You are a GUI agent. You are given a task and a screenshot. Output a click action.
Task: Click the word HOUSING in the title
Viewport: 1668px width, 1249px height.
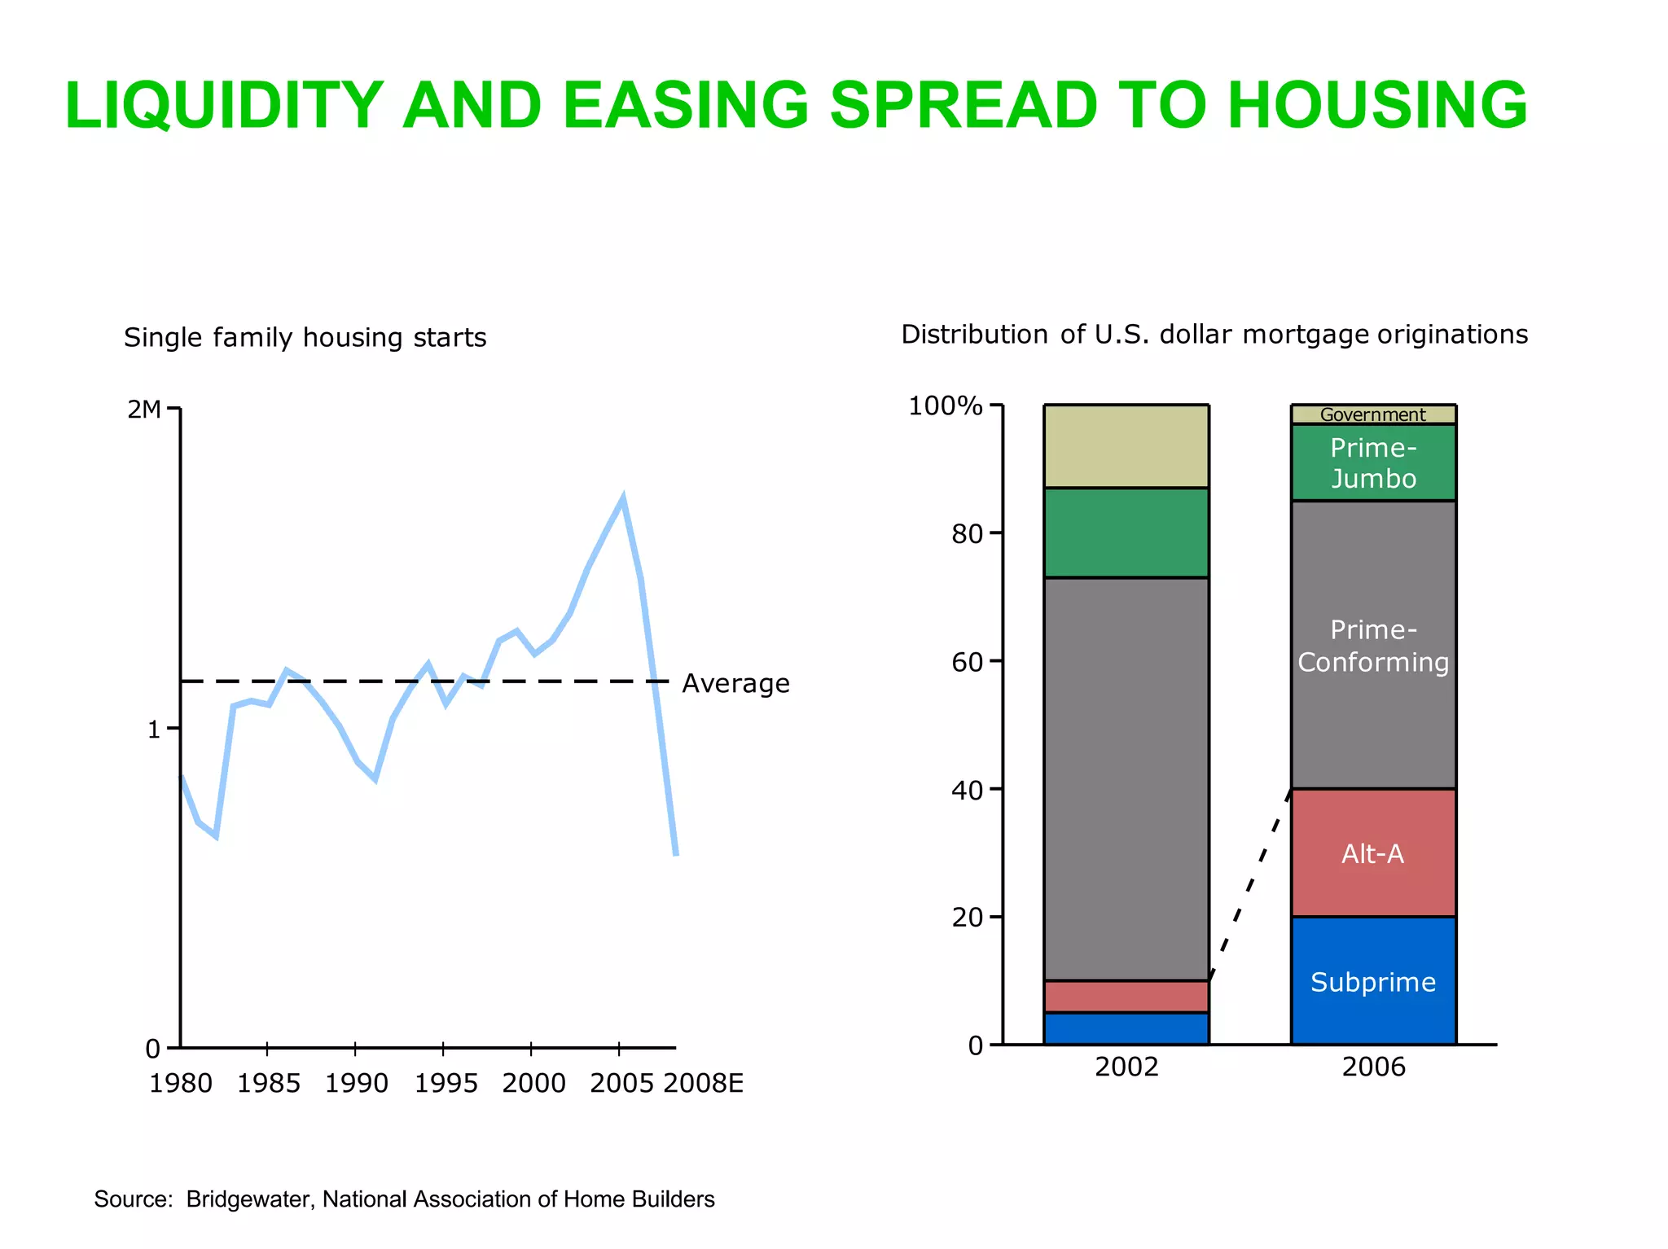coord(1376,106)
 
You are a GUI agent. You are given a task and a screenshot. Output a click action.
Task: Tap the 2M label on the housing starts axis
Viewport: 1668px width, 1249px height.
coord(144,410)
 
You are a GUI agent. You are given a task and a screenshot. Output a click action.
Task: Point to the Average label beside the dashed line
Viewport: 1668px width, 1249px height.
coord(735,683)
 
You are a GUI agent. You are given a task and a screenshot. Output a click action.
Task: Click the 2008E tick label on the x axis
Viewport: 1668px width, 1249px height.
coord(703,1084)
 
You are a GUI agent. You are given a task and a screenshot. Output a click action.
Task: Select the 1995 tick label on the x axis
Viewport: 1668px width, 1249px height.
coord(446,1084)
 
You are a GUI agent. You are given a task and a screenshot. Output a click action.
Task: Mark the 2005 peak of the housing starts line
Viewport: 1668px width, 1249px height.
coord(623,498)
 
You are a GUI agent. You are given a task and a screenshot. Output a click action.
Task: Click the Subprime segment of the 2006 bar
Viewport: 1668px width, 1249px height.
coord(1373,982)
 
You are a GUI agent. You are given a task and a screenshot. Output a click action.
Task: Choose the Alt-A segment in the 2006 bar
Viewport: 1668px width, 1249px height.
coord(1373,853)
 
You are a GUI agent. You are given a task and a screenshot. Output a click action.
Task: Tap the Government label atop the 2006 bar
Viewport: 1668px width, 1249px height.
coord(1372,414)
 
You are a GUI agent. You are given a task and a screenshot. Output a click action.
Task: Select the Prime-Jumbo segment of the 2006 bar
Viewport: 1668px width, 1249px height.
coord(1373,462)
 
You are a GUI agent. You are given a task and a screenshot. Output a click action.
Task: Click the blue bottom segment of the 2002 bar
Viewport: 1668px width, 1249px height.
coord(1126,1028)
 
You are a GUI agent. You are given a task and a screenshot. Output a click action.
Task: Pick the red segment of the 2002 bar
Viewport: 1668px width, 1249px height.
coord(1126,997)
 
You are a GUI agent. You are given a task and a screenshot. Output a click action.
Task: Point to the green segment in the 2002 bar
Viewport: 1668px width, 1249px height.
coord(1126,533)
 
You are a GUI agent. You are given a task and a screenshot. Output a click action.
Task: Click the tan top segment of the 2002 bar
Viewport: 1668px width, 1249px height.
coord(1126,446)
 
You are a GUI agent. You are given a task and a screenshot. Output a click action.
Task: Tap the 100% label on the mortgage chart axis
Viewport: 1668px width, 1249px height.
coord(945,405)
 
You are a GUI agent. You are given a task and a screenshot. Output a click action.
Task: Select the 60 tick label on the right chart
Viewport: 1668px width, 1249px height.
coord(967,662)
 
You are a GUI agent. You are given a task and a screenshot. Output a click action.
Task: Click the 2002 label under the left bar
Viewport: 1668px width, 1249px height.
coord(1126,1067)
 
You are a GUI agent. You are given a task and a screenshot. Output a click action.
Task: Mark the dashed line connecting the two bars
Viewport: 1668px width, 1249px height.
coord(1250,886)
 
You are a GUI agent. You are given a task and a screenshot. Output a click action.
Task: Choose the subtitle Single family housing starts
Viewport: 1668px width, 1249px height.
coord(305,338)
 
